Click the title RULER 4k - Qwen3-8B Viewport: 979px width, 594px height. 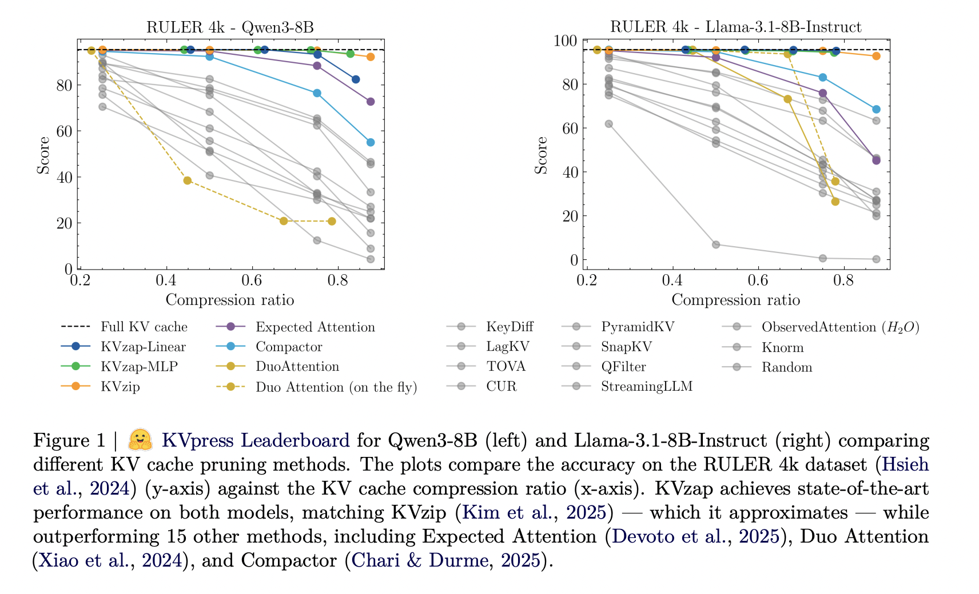[230, 27]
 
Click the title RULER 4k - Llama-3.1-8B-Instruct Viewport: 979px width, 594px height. [735, 27]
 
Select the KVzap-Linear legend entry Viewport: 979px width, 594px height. [143, 347]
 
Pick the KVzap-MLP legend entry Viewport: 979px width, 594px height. [139, 367]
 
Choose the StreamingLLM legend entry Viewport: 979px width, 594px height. [646, 387]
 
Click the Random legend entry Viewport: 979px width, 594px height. [786, 367]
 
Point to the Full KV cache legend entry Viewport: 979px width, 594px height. [144, 327]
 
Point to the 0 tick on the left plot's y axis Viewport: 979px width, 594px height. [69, 269]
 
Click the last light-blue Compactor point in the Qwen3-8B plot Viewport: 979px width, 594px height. [371, 142]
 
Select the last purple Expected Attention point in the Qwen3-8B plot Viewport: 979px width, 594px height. [371, 102]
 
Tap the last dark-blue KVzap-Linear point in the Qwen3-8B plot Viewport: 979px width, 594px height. [356, 79]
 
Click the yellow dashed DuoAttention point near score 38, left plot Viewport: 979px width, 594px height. [187, 180]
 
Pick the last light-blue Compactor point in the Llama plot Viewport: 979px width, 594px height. [876, 109]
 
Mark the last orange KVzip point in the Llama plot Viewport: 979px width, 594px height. [876, 56]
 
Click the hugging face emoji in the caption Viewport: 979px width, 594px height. [140, 440]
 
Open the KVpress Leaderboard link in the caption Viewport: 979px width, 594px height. [255, 440]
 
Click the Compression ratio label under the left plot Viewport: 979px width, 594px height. [230, 300]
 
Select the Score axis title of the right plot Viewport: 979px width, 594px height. [541, 155]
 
